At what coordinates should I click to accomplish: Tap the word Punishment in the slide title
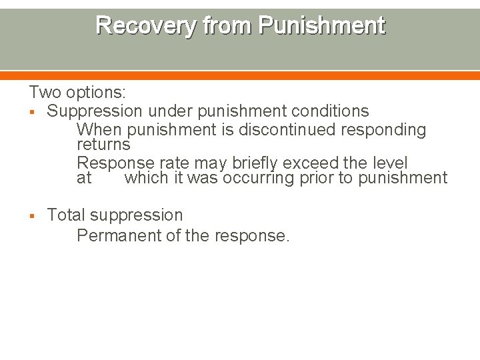click(x=321, y=25)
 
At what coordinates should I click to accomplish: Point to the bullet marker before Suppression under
click(x=32, y=111)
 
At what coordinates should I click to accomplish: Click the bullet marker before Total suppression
click(x=32, y=215)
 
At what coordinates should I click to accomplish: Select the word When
click(x=100, y=129)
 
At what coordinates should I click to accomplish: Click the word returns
click(x=103, y=144)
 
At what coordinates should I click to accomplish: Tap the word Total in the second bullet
click(x=66, y=215)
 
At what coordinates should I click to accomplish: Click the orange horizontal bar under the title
click(x=240, y=75)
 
